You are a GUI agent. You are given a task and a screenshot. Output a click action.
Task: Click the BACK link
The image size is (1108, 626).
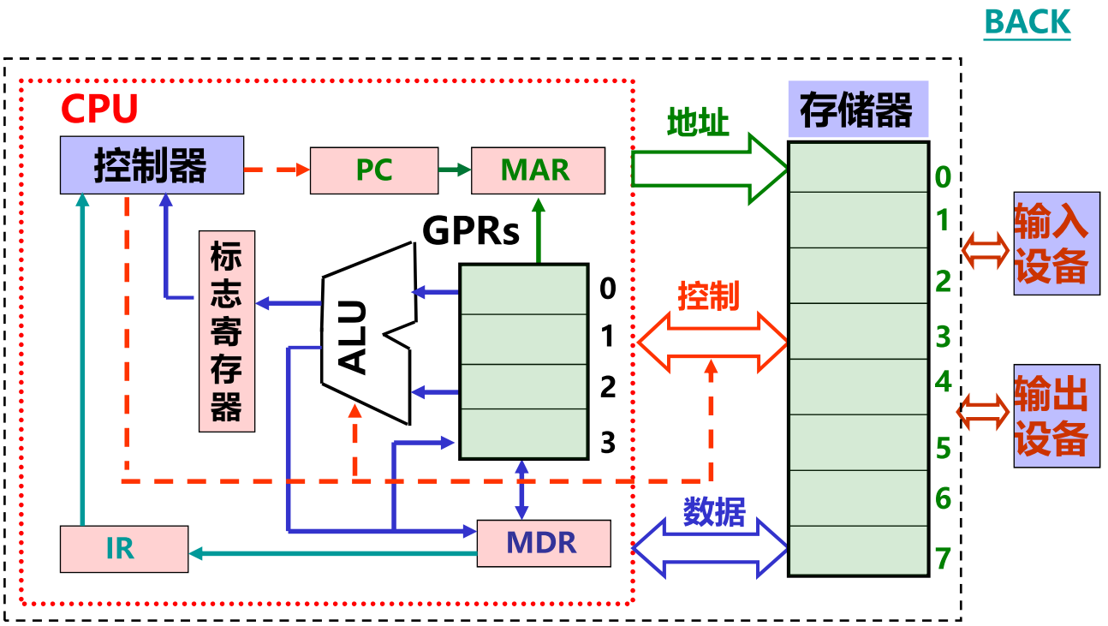[x=1027, y=21]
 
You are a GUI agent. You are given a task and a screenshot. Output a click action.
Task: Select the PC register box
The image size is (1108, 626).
[x=373, y=170]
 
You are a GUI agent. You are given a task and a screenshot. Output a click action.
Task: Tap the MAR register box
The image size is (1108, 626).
[x=538, y=170]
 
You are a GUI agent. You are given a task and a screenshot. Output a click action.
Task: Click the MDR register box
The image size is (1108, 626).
[x=543, y=543]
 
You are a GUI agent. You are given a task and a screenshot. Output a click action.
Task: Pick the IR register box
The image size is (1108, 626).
[x=123, y=548]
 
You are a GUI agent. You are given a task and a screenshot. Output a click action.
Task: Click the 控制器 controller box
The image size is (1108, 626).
[x=152, y=164]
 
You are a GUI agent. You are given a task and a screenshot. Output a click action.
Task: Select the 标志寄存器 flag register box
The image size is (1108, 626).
[x=226, y=331]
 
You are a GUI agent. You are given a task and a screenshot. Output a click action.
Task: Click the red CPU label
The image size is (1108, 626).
[x=99, y=110]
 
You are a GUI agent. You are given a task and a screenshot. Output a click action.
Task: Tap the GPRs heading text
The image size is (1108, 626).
[x=471, y=231]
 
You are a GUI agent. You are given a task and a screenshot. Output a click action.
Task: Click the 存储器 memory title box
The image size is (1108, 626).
[x=856, y=110]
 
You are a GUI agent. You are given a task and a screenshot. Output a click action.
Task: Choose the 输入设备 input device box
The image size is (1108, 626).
[x=1056, y=243]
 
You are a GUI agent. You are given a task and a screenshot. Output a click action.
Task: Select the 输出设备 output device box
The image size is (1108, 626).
[x=1056, y=416]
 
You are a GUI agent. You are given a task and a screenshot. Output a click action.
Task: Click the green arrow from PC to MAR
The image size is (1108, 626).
[x=454, y=170]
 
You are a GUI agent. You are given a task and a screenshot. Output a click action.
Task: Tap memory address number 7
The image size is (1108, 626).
[x=944, y=558]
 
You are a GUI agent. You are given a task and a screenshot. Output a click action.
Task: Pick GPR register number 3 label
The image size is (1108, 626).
[x=608, y=443]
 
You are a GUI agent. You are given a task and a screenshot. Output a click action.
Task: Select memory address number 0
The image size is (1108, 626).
[x=943, y=177]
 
